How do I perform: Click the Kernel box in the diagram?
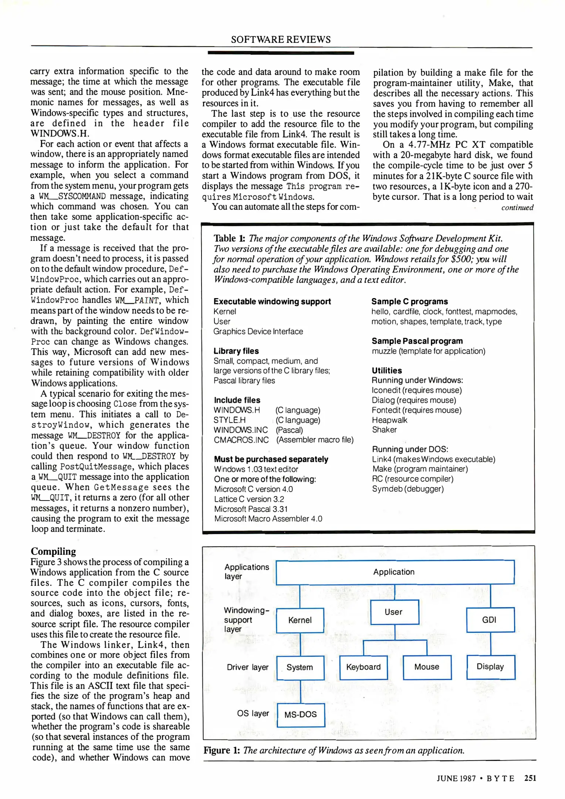[300, 620]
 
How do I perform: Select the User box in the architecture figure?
[394, 612]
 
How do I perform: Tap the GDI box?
[490, 620]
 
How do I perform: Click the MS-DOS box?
[301, 714]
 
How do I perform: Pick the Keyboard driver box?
[363, 667]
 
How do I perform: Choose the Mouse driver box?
[427, 667]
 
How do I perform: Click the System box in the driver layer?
[300, 667]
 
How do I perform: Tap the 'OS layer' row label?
[253, 713]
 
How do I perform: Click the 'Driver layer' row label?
[247, 667]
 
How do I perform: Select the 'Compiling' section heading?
[53, 551]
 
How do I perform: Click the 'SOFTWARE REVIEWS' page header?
[281, 39]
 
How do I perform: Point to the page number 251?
[530, 778]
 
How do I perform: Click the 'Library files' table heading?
[236, 351]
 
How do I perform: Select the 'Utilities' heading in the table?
[387, 370]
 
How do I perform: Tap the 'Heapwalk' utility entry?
[389, 420]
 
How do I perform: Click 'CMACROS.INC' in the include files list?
[241, 440]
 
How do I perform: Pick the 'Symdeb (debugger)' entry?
[407, 489]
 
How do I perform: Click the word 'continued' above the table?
[517, 208]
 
